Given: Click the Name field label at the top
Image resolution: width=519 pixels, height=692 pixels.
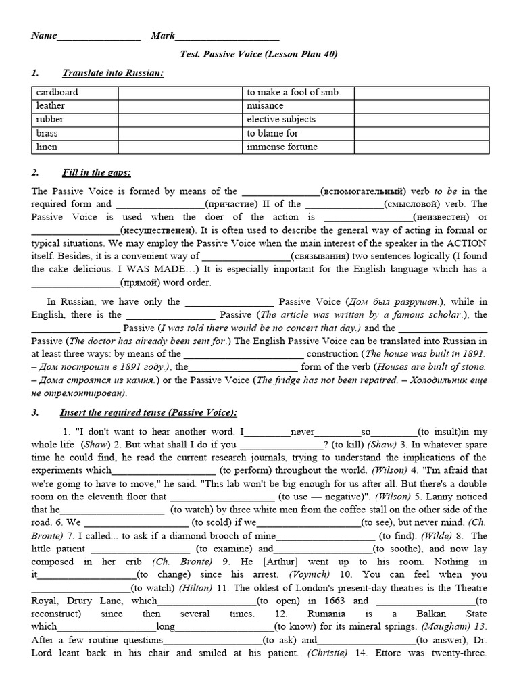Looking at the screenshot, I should (44, 36).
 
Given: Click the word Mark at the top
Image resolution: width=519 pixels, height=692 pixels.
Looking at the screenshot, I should (163, 36).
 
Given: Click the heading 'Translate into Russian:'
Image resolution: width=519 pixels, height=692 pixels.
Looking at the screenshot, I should (112, 73).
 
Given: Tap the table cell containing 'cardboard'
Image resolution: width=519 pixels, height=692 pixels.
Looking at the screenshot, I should (57, 93).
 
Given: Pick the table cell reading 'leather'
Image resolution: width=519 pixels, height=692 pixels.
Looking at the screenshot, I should (51, 106).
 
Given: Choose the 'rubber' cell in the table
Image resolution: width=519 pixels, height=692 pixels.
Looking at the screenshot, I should (50, 120).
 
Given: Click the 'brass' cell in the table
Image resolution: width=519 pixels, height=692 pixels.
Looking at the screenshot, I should (47, 133).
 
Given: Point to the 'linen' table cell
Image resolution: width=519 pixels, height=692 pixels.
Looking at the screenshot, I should (47, 147).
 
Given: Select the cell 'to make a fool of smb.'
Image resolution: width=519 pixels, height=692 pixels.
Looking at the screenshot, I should (294, 93).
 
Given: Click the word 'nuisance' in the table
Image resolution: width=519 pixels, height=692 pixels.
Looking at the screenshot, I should (266, 106).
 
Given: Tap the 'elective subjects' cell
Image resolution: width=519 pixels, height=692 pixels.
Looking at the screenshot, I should (281, 120).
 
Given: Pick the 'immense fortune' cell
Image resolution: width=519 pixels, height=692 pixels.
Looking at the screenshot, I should (282, 147).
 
